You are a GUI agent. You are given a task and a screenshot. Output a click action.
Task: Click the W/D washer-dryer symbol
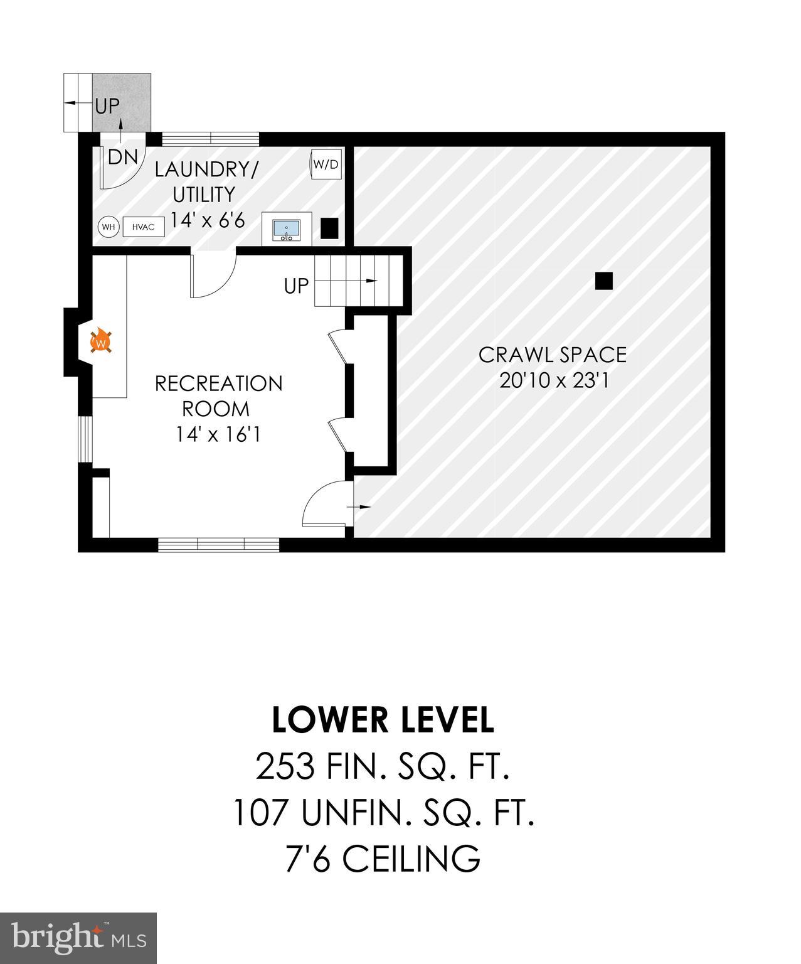(x=326, y=164)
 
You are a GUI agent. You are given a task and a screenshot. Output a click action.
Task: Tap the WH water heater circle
(x=109, y=227)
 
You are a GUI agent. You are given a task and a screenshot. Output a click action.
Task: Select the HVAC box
(x=144, y=227)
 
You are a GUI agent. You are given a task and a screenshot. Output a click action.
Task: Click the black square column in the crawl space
(x=603, y=281)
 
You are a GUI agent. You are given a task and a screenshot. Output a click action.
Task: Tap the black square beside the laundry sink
(x=329, y=227)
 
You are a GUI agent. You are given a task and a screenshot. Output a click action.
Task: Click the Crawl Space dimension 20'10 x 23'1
(x=554, y=380)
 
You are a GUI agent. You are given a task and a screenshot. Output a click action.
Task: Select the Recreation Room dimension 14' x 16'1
(x=218, y=434)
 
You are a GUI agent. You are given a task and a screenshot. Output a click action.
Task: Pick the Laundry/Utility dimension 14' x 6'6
(x=207, y=220)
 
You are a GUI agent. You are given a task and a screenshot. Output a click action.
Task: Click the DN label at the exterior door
(x=122, y=157)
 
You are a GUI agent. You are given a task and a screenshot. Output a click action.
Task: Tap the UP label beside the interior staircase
(x=296, y=286)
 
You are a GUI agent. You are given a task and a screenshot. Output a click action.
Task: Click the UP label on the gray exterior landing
(x=107, y=106)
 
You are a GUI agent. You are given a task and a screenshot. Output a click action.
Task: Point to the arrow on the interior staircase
(x=370, y=281)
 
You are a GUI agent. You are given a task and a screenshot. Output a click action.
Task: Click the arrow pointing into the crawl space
(x=363, y=506)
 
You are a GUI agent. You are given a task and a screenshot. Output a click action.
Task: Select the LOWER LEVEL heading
(x=383, y=720)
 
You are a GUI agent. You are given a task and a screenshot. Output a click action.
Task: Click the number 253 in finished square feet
(x=284, y=766)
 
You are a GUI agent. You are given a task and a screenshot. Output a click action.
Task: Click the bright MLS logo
(x=78, y=937)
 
